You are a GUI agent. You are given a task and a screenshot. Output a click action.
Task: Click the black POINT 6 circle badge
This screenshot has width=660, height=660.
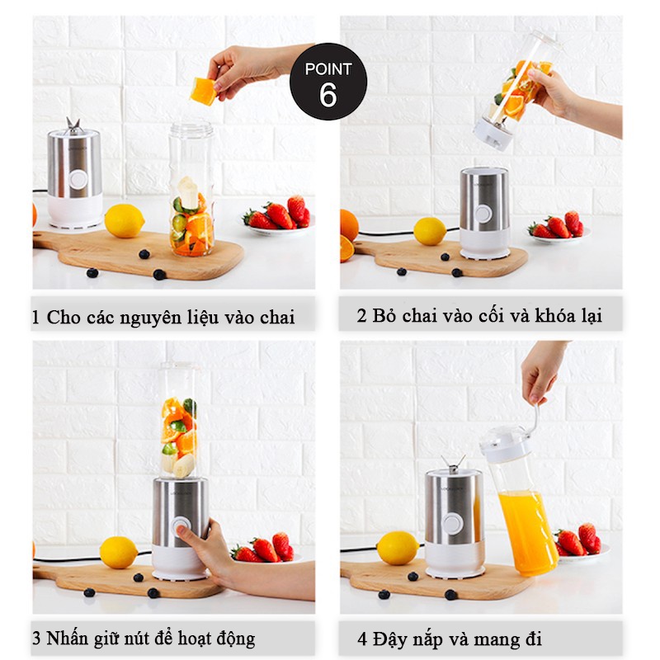[x=328, y=81]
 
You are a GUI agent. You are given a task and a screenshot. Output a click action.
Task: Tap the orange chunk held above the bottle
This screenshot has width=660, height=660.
[x=204, y=92]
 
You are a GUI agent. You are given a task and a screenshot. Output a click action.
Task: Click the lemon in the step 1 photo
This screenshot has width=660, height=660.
[x=125, y=221]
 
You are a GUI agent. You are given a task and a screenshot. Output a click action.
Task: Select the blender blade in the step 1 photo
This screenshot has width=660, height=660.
[x=73, y=126]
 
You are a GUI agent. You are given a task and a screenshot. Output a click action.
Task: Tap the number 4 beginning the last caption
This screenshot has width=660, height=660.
[x=362, y=639]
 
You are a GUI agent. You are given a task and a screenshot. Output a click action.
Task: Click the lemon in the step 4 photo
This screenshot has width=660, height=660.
[x=398, y=548]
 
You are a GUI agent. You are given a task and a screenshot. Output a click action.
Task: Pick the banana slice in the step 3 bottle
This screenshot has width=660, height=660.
[x=183, y=465]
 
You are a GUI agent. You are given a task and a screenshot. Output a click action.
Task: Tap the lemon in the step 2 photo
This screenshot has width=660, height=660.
[x=430, y=231]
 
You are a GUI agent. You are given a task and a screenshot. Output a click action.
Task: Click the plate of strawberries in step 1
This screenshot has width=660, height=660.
[x=278, y=216]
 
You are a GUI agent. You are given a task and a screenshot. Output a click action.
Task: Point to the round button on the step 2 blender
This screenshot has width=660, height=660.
[x=483, y=214]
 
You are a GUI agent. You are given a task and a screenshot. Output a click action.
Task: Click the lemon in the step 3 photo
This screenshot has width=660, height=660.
[x=118, y=553]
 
